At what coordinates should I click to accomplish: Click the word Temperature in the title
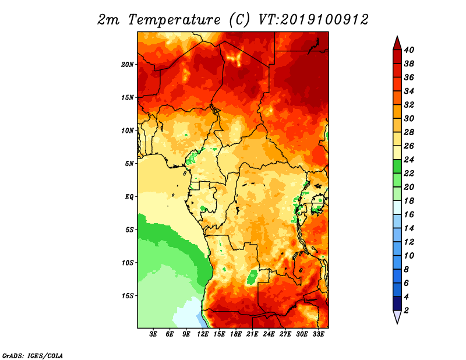[x=174, y=20]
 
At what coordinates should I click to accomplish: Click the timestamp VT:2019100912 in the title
[x=313, y=20]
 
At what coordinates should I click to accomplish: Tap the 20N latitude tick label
[x=128, y=64]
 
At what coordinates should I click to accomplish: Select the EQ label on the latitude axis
[x=129, y=196]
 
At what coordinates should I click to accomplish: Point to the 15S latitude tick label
[x=128, y=296]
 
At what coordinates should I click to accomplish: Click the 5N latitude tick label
[x=129, y=164]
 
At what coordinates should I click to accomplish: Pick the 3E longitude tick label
[x=153, y=334]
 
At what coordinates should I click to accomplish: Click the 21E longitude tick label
[x=252, y=334]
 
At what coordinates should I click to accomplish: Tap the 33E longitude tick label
[x=318, y=334]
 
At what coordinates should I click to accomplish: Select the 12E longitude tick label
[x=203, y=334]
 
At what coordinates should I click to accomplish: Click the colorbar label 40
[x=409, y=50]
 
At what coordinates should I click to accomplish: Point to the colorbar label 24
[x=409, y=160]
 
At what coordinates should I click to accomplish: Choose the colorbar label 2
[x=406, y=310]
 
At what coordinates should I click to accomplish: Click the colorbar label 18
[x=409, y=200]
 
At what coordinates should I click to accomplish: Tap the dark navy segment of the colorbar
[x=397, y=303]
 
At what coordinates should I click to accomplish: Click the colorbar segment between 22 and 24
[x=397, y=167]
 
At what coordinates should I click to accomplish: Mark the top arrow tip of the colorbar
[x=397, y=36]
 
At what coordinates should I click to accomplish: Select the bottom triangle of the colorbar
[x=397, y=316]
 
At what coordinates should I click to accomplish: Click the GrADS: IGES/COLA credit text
[x=33, y=355]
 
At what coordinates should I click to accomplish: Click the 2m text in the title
[x=108, y=20]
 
